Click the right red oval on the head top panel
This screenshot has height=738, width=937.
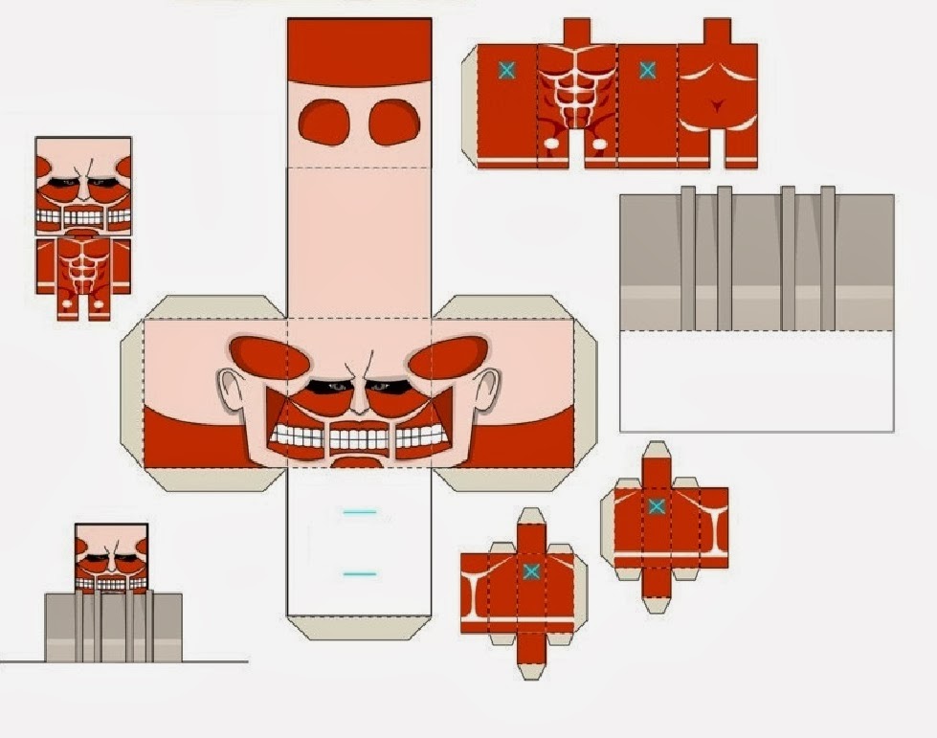pyautogui.click(x=394, y=123)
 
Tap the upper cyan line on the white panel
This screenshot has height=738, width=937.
pyautogui.click(x=359, y=513)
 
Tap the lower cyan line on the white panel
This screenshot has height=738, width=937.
pyautogui.click(x=359, y=574)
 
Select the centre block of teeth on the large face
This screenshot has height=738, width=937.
pyautogui.click(x=358, y=439)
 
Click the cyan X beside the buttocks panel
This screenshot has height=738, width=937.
pyautogui.click(x=647, y=70)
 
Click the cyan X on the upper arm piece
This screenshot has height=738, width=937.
pyautogui.click(x=657, y=505)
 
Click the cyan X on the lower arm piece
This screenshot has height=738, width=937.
pyautogui.click(x=531, y=571)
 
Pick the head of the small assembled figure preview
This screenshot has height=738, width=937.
pyautogui.click(x=83, y=187)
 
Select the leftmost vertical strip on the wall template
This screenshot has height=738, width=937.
pyautogui.click(x=687, y=258)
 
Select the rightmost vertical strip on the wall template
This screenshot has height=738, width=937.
pyautogui.click(x=827, y=258)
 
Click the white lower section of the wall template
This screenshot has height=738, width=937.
pyautogui.click(x=756, y=380)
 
